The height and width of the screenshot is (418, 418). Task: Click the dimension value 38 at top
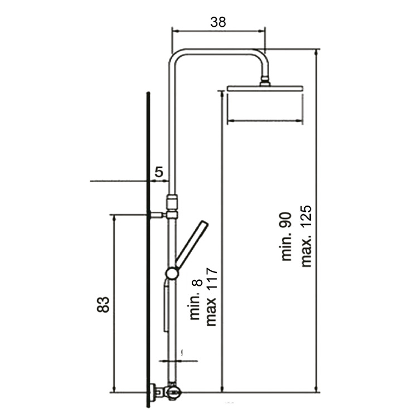coord(218,22)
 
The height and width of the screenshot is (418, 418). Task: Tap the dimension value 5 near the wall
coord(159,172)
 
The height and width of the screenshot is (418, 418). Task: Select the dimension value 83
coord(104,304)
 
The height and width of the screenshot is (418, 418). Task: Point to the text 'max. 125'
coord(307,236)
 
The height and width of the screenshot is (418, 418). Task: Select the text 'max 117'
coord(211,297)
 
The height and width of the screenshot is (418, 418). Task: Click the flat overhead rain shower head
coord(265,89)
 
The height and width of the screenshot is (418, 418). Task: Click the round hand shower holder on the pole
coord(172,273)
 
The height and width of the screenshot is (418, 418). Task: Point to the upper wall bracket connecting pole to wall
coord(158,215)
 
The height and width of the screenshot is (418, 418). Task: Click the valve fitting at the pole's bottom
coord(173,392)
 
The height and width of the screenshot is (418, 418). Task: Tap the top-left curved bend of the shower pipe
coord(176,56)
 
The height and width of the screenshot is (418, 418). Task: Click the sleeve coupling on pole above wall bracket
coord(172,200)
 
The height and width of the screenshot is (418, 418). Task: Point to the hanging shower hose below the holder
coord(165,307)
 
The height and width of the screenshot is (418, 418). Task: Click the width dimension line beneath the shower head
coord(265,120)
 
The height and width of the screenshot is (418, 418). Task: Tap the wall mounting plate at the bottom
coord(151,392)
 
